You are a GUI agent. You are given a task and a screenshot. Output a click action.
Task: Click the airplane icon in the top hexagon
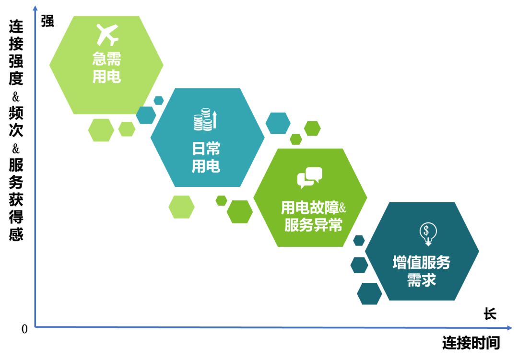pyautogui.click(x=107, y=35)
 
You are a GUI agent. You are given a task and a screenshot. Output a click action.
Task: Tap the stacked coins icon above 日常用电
pyautogui.click(x=205, y=119)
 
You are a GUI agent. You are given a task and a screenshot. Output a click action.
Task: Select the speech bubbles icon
pyautogui.click(x=309, y=178)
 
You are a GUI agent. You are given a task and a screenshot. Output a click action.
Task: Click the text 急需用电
pyautogui.click(x=106, y=68)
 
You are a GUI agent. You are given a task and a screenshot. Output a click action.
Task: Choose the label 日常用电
pyautogui.click(x=206, y=157)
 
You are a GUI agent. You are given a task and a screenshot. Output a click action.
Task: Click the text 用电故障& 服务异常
pyautogui.click(x=313, y=216)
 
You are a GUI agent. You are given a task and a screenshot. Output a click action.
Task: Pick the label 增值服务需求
pyautogui.click(x=422, y=271)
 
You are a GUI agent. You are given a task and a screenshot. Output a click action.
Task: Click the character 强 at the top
pyautogui.click(x=47, y=21)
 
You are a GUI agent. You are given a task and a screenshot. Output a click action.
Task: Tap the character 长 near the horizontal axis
pyautogui.click(x=490, y=314)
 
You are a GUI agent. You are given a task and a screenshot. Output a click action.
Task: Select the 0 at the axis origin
pyautogui.click(x=24, y=329)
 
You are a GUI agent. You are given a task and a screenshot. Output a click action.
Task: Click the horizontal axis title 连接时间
pyautogui.click(x=471, y=343)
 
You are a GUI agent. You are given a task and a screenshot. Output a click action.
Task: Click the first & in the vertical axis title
pyautogui.click(x=16, y=97)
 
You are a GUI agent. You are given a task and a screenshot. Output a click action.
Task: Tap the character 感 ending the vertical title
pyautogui.click(x=16, y=234)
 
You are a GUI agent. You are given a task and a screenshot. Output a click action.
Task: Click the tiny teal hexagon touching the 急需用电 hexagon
pyautogui.click(x=159, y=100)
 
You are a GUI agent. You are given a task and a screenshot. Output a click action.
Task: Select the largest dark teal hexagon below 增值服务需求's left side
pyautogui.click(x=369, y=294)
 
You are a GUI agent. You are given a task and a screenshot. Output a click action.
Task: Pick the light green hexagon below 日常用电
pyautogui.click(x=181, y=207)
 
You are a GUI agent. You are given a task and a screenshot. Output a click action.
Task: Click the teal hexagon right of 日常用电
pyautogui.click(x=278, y=123)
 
